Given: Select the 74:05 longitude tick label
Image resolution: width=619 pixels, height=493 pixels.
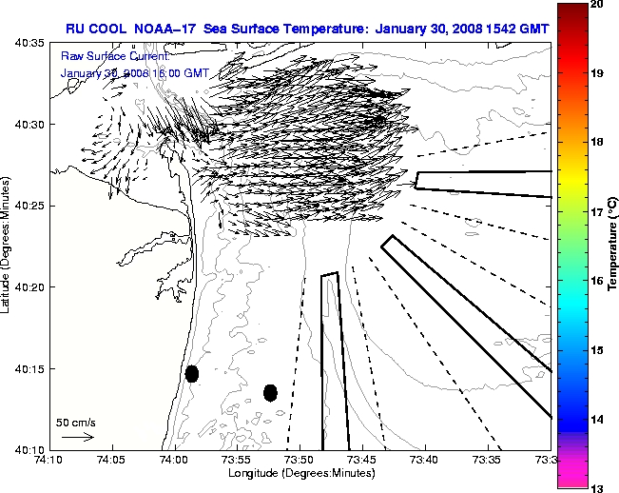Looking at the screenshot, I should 112,461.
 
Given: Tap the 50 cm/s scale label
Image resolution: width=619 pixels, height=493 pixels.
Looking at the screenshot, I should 75,422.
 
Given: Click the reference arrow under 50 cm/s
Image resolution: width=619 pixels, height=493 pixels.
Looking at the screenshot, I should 77,437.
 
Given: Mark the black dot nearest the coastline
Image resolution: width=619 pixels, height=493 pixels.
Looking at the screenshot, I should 192,373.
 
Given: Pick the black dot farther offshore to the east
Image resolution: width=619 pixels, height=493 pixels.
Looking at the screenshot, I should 270,392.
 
